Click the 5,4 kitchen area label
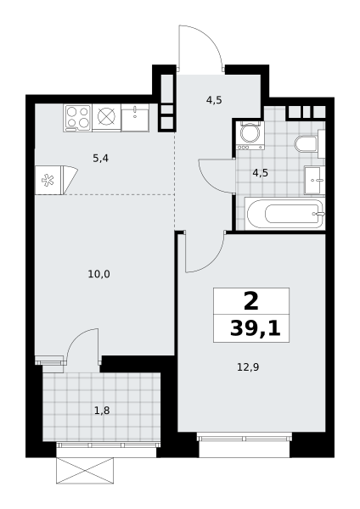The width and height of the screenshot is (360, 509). pos(100,159)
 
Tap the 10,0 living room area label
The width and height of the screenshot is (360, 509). pos(98,274)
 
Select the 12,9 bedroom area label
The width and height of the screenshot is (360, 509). pos(248,367)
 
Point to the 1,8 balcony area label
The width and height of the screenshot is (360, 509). pos(102,411)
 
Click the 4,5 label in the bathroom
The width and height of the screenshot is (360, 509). pos(261,173)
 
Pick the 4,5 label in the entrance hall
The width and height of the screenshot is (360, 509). pos(214,100)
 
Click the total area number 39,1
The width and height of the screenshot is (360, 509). pos(255,328)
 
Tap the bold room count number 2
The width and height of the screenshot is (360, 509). pos(250,301)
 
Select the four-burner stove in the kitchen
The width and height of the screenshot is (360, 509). pos(78,118)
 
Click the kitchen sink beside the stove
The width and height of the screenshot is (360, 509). pos(135,118)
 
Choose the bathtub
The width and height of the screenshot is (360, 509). pos(285,214)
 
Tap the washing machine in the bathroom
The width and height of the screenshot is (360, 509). pos(250,136)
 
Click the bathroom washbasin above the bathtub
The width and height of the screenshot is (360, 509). pos(314,180)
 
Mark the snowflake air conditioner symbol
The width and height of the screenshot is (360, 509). pos(48,181)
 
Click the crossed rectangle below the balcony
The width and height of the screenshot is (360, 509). pos(85,470)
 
